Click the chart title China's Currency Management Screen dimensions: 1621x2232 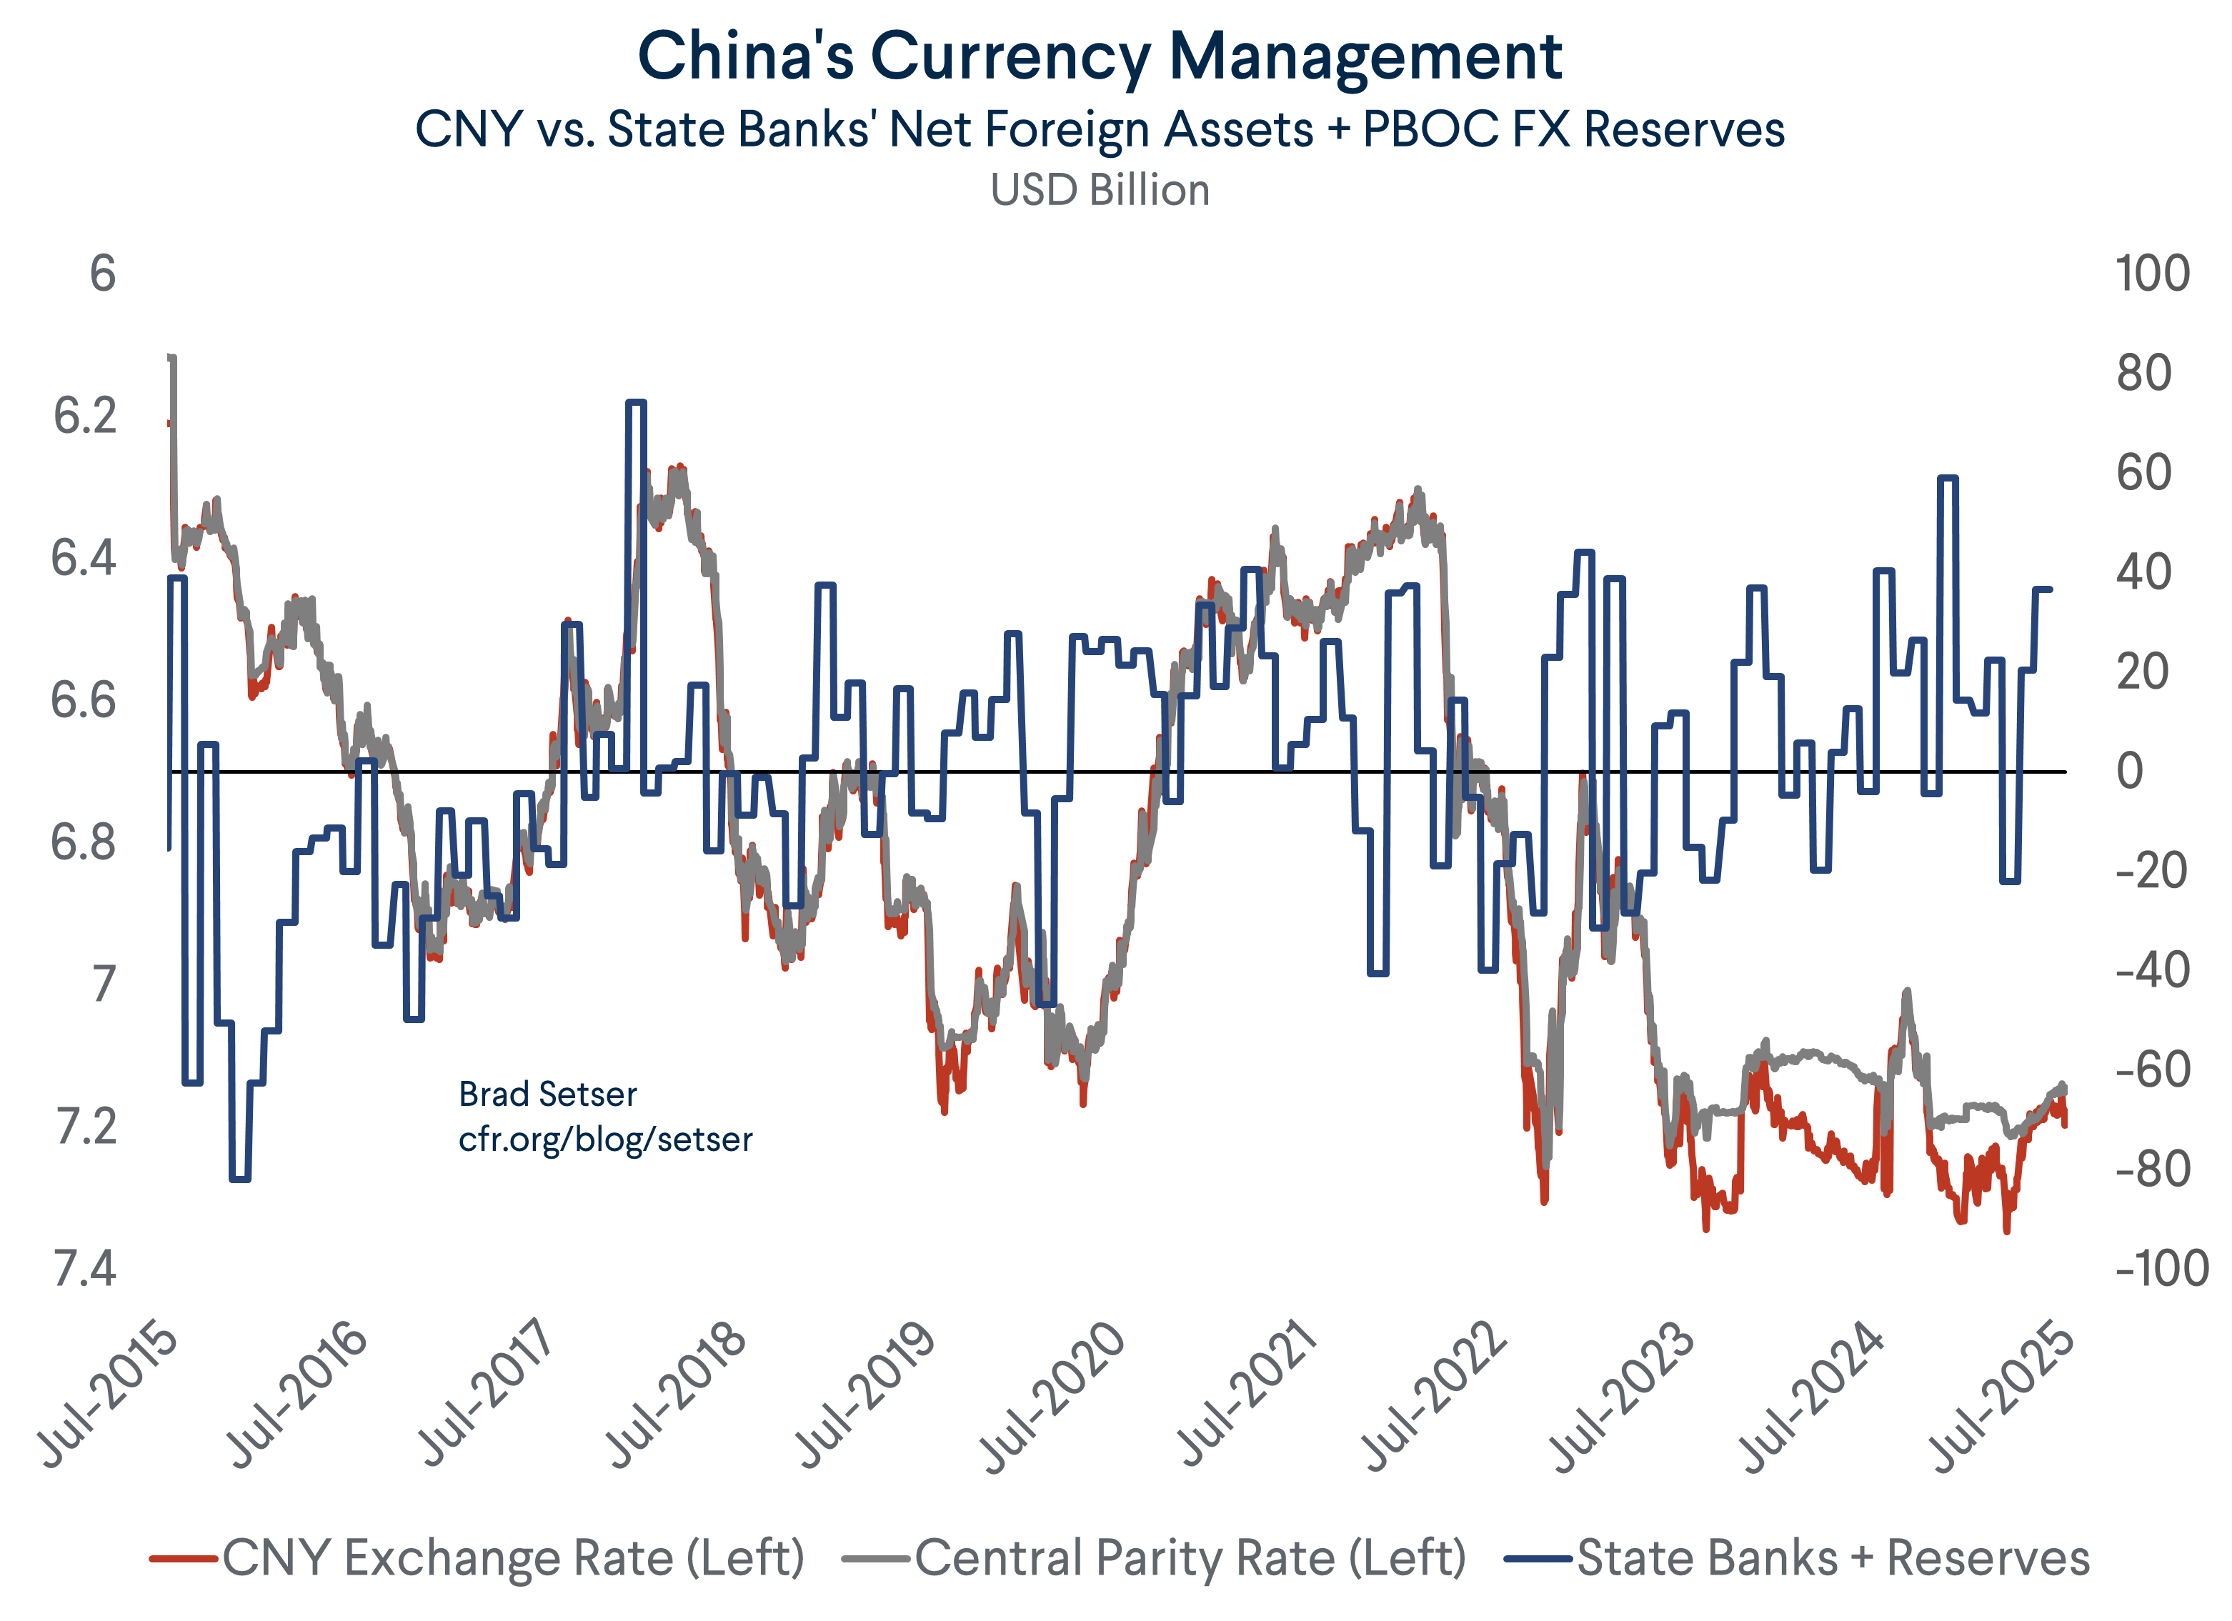[1100, 57]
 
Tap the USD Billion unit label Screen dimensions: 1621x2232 [1100, 190]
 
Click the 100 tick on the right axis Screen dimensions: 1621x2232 [2152, 274]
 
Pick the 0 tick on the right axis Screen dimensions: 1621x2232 [2130, 772]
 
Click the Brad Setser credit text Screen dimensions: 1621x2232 [547, 1094]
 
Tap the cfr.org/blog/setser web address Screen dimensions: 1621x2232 [605, 1139]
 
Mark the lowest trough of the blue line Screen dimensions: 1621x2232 [239, 1178]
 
